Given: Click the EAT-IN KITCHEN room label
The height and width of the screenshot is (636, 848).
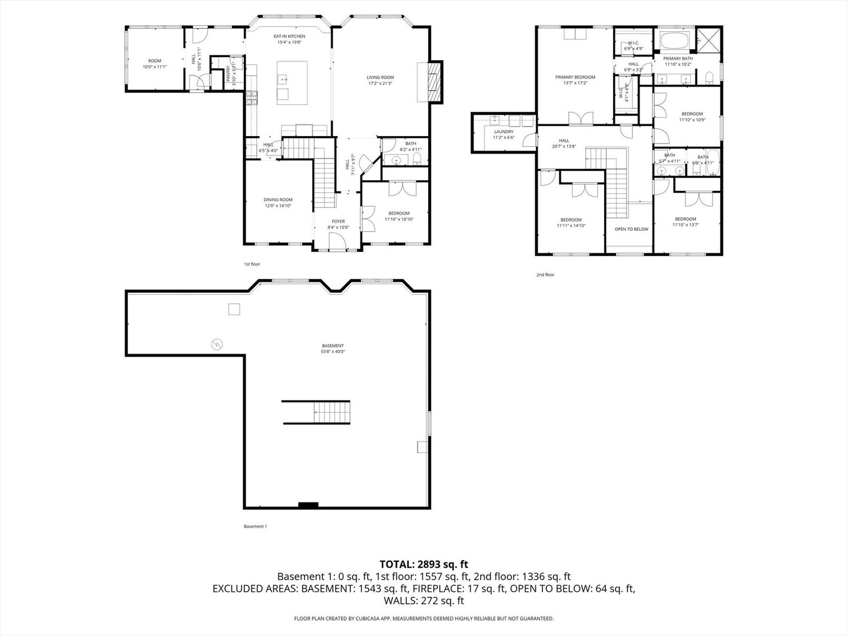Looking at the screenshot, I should click(289, 37).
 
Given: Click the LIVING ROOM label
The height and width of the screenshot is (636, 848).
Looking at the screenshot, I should click(380, 77).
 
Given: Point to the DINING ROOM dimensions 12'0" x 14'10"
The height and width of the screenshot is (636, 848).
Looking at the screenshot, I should click(278, 206).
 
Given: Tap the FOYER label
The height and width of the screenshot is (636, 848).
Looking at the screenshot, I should click(338, 221).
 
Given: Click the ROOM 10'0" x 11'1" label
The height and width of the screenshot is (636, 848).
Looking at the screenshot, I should click(154, 64).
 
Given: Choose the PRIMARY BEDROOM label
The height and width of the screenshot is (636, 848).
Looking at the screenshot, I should click(575, 77).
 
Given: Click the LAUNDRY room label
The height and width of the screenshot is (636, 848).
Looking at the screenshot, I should click(503, 132).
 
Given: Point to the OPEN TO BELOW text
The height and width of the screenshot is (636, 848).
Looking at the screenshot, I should click(631, 229).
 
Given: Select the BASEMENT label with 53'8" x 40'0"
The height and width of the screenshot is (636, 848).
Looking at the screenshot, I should click(333, 349).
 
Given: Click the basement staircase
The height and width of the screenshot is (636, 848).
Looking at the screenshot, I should click(331, 412).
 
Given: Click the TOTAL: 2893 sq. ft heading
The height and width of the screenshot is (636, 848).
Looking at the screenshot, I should click(423, 564).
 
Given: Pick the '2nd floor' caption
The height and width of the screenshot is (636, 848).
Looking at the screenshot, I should click(545, 275).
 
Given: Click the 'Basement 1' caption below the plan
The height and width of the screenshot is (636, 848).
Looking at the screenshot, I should click(255, 526).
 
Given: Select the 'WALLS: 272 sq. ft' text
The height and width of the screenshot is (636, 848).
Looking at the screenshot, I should click(423, 601).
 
